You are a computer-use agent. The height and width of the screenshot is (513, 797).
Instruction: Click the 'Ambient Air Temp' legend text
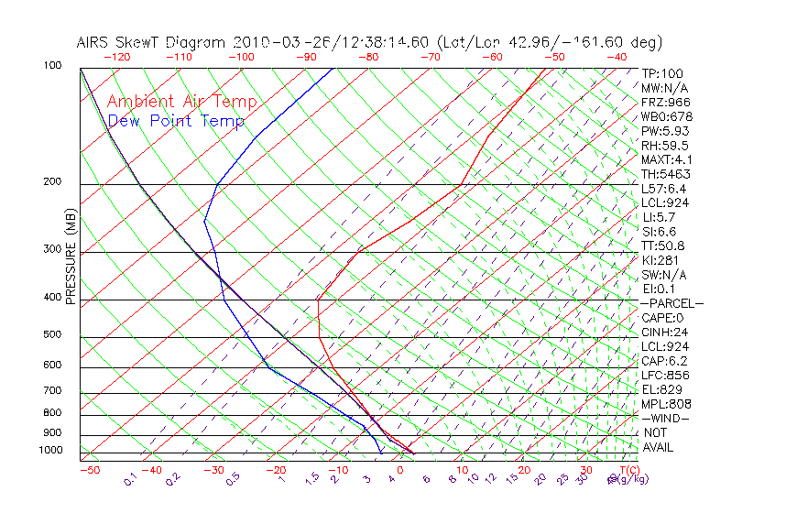click(x=181, y=102)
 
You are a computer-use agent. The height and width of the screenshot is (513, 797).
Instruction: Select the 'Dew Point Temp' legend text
click(x=176, y=121)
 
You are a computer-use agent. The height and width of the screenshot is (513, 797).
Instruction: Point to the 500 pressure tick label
click(x=52, y=335)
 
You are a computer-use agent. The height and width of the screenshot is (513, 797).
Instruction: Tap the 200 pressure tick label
click(x=52, y=182)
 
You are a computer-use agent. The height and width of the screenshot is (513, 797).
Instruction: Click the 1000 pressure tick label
click(x=50, y=451)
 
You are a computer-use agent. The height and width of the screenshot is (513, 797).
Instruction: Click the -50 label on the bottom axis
click(x=89, y=471)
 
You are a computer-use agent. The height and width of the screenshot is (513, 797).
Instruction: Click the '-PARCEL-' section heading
click(x=671, y=303)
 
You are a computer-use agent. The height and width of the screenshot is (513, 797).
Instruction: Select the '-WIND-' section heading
click(x=666, y=419)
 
